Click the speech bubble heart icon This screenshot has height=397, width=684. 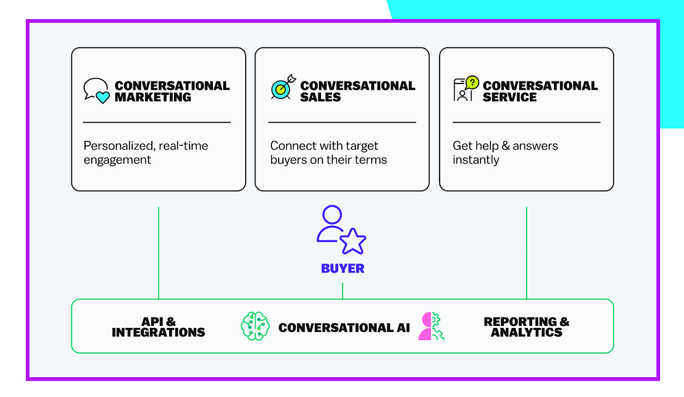[x=97, y=91]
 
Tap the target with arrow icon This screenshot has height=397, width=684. [x=283, y=87]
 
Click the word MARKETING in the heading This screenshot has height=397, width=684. [x=153, y=97]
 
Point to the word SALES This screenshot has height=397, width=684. [x=320, y=97]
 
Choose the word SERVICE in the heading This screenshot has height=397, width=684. [x=509, y=97]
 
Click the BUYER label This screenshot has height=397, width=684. [x=342, y=268]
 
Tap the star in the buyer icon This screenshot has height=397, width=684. [x=353, y=241]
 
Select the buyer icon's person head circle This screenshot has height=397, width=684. [x=332, y=215]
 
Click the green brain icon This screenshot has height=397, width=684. [x=255, y=326]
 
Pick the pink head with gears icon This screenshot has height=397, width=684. [x=431, y=326]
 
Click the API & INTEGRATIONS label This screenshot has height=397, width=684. [x=158, y=327]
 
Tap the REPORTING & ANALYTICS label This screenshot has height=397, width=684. [x=527, y=327]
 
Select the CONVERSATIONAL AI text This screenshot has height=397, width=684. [x=344, y=328]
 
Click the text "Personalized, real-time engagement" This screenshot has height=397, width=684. [x=146, y=153]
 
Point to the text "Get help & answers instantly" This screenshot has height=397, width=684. [x=505, y=153]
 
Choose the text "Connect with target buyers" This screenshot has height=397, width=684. [x=324, y=153]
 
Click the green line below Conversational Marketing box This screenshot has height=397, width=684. [x=158, y=253]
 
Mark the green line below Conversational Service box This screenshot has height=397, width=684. [x=527, y=253]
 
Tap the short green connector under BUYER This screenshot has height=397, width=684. [x=342, y=291]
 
